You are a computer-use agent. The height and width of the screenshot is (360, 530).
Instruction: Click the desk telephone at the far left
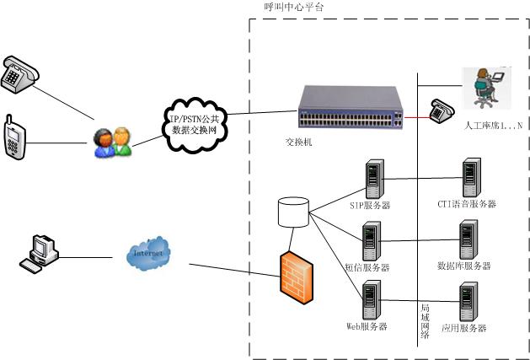pos(19,74)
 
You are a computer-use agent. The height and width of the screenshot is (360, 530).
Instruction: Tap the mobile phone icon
pos(13,135)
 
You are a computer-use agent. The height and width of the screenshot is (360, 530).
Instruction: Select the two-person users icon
pos(112,142)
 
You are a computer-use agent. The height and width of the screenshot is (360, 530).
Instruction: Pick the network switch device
pos(350,109)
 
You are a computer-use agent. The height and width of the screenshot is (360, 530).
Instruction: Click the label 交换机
pos(298,142)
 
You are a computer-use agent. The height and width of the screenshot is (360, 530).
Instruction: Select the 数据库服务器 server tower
pos(468,240)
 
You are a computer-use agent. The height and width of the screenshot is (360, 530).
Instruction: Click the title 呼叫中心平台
pos(293,7)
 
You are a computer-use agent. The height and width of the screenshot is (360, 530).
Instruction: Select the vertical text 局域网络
pos(425,321)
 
